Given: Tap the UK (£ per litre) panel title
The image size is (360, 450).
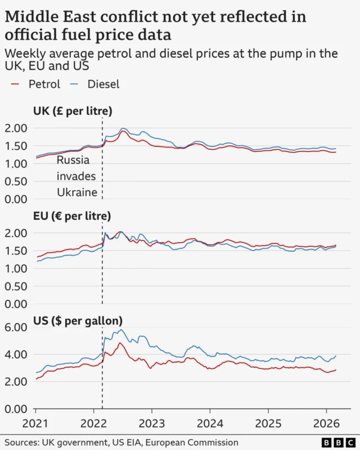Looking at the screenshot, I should point(73,111).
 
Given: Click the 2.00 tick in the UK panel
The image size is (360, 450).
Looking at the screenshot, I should point(16,128).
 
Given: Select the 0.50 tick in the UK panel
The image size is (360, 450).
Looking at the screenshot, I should point(16,182).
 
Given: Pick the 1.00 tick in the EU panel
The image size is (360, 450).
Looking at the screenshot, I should point(16,269).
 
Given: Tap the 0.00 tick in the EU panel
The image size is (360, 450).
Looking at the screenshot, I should point(16,304).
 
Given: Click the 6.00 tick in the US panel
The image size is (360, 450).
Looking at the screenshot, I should point(16,327).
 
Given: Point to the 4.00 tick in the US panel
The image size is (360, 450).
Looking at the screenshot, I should point(16,354).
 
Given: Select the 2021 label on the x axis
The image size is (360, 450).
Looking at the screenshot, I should point(35,423).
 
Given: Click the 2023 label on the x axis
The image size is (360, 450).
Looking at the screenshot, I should point(152,423).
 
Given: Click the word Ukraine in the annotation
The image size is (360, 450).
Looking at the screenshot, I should point(78,192).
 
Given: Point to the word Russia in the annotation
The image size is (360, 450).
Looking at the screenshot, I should point(73,160).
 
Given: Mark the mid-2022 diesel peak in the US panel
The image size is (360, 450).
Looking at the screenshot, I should point(120,330).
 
